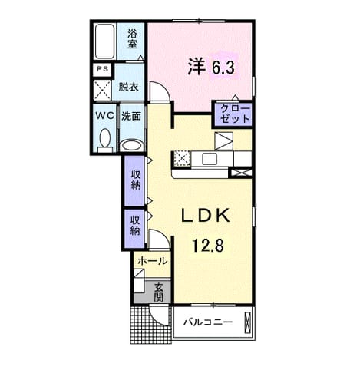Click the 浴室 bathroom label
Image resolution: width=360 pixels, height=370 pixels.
[132, 39]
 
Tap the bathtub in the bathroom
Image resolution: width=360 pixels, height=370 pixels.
[104, 41]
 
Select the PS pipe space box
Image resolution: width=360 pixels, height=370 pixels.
[102, 69]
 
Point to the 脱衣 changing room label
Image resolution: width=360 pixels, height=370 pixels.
[128, 88]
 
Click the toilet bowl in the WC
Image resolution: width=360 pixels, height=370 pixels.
[105, 140]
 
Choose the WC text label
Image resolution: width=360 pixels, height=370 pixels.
[105, 116]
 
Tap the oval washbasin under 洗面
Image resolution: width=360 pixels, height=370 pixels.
[131, 146]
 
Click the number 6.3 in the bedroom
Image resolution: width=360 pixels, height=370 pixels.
[223, 68]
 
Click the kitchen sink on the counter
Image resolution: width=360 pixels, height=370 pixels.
[210, 159]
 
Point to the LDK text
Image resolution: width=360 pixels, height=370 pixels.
[206, 215]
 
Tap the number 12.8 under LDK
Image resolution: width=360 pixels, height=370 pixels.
[208, 246]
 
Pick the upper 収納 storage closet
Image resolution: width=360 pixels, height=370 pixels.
[134, 180]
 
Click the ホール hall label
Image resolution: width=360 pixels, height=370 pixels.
[153, 261]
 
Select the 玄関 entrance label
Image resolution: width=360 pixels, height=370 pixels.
[159, 293]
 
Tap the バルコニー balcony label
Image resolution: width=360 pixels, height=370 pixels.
[208, 322]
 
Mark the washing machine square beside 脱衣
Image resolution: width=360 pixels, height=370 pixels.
[102, 90]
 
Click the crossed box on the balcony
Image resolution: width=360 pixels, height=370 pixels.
[247, 322]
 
